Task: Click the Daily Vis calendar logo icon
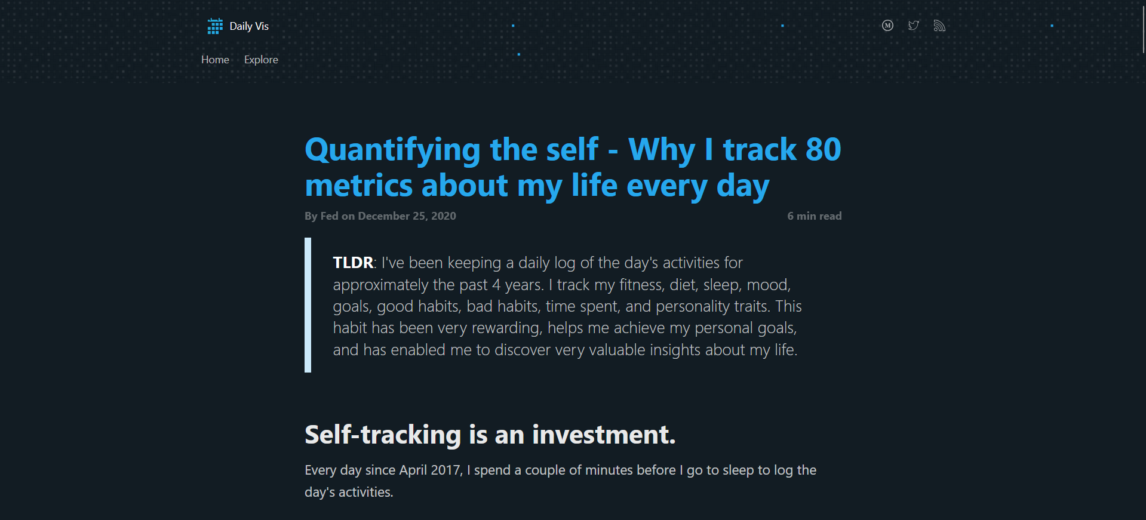pyautogui.click(x=215, y=26)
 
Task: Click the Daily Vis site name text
pyautogui.click(x=249, y=26)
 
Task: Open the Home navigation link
pyautogui.click(x=215, y=60)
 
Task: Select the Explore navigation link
pyautogui.click(x=261, y=60)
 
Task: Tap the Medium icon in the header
pyautogui.click(x=887, y=26)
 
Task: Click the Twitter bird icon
pyautogui.click(x=914, y=26)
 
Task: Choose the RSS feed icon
pyautogui.click(x=939, y=26)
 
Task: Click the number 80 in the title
pyautogui.click(x=823, y=149)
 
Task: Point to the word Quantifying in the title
pyautogui.click(x=392, y=150)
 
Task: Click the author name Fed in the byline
pyautogui.click(x=329, y=216)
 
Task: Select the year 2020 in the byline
pyautogui.click(x=443, y=216)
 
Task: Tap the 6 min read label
pyautogui.click(x=814, y=216)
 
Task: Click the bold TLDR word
pyautogui.click(x=352, y=263)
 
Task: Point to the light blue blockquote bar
pyautogui.click(x=308, y=305)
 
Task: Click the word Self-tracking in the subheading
pyautogui.click(x=383, y=435)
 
